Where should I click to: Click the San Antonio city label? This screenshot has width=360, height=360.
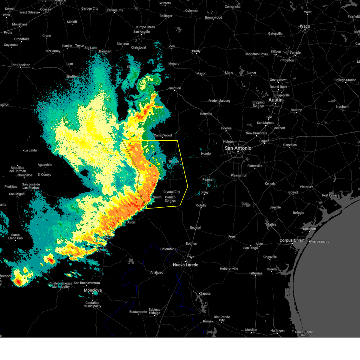click(x=238, y=148)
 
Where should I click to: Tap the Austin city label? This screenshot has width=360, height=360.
click(x=275, y=100)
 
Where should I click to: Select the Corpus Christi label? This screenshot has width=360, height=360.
click(x=292, y=240)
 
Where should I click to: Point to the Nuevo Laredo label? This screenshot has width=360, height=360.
click(x=185, y=265)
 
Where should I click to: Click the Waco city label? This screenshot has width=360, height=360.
click(x=304, y=26)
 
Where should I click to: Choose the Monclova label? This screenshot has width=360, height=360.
click(x=93, y=290)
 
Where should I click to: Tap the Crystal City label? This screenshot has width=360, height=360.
click(x=172, y=192)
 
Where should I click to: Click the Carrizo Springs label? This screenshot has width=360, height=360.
click(x=170, y=199)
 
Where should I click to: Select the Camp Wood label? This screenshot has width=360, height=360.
click(x=163, y=135)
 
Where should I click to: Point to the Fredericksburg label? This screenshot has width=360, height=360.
click(x=219, y=101)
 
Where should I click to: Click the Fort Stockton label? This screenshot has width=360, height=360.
click(x=20, y=65)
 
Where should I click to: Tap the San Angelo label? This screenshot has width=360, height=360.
click(x=142, y=32)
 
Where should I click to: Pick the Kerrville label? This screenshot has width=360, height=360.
click(x=206, y=114)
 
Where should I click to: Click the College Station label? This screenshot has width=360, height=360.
click(x=345, y=80)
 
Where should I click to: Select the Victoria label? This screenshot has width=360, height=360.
click(x=305, y=187)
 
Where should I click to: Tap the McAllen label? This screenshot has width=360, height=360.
click(x=251, y=330)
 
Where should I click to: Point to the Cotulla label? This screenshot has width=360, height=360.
click(x=201, y=205)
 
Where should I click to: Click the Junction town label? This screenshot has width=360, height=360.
click(x=175, y=88)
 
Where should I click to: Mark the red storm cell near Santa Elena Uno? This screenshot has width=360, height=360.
click(x=19, y=282)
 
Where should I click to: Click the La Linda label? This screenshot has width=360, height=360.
click(x=30, y=150)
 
